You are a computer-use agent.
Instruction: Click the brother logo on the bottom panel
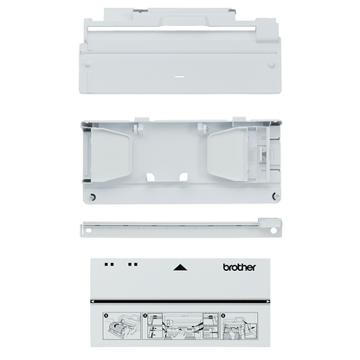point(239,267)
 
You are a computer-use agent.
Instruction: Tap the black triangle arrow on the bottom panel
point(180,267)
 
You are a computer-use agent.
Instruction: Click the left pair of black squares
point(109,264)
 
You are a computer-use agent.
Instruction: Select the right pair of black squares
point(133,264)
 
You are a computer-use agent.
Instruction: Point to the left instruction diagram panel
point(122,325)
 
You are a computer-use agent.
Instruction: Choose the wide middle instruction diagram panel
point(181,325)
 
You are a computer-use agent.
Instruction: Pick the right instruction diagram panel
point(239,325)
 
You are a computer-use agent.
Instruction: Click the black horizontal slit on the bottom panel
point(180,302)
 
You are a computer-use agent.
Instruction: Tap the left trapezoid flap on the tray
point(112,155)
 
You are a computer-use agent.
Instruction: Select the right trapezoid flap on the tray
point(228,155)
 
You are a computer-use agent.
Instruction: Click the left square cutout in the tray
point(151,177)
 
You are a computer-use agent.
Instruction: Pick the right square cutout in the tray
point(183,177)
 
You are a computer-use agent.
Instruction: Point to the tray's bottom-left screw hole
point(93,197)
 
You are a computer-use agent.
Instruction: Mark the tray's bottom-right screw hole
point(276,196)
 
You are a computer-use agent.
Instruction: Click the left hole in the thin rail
point(88,230)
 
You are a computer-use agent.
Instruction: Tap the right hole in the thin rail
point(273,231)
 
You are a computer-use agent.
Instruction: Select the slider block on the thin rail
point(270,222)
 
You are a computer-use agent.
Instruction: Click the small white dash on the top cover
point(179,77)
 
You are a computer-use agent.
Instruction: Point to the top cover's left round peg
point(87,64)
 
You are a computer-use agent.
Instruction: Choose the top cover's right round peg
point(271,64)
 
